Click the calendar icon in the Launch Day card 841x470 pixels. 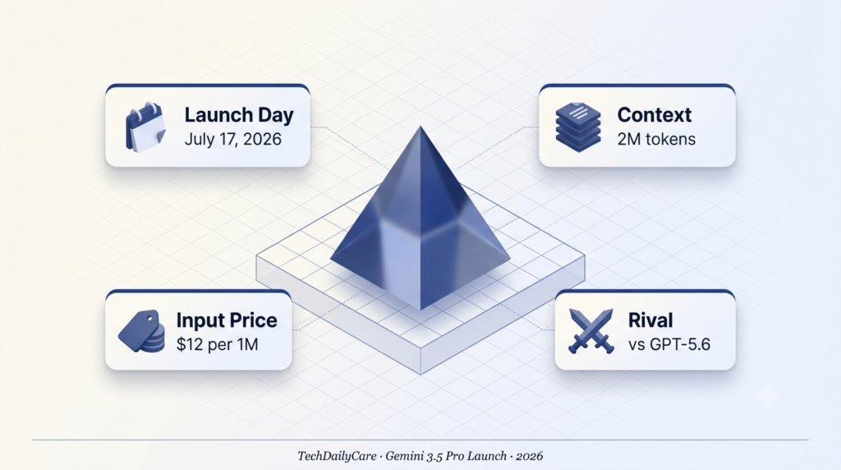[x=145, y=127]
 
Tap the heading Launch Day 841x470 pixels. [x=239, y=115]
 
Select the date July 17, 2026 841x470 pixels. [x=232, y=139]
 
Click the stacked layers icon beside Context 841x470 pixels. [x=577, y=127]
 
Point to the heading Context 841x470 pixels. [x=655, y=115]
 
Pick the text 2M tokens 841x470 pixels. [x=656, y=139]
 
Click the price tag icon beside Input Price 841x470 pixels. [x=141, y=331]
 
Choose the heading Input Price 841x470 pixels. [x=227, y=320]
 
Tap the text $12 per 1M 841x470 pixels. [x=217, y=344]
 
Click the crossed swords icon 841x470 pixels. [x=591, y=331]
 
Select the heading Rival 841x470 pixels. [x=650, y=320]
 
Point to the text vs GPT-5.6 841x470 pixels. [x=669, y=344]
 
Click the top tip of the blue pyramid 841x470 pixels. [x=420, y=127]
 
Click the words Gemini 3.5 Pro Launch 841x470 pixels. [x=446, y=457]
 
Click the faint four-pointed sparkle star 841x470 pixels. [x=768, y=397]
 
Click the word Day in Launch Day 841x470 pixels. [x=276, y=115]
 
